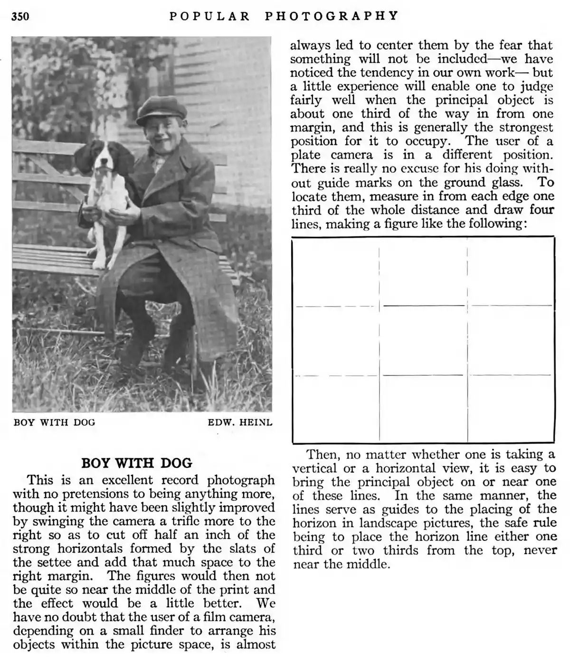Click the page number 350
pos(20,17)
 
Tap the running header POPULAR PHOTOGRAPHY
pos(284,16)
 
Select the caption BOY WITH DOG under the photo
pos(54,422)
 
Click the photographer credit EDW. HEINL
pos(240,422)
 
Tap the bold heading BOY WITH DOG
pos(137,463)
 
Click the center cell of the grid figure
pos(423,340)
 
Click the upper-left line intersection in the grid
pos(380,306)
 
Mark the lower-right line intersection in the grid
pos(467,375)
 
